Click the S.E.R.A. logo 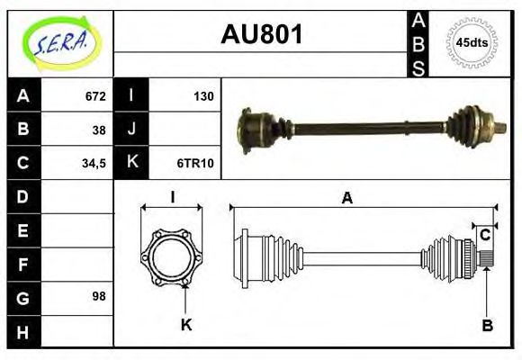(x=60, y=41)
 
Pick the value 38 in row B (x=99, y=130)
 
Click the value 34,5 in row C (x=93, y=164)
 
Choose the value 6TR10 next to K (x=196, y=164)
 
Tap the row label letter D (x=23, y=196)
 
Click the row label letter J (x=131, y=130)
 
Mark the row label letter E (x=23, y=230)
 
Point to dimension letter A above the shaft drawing (x=346, y=199)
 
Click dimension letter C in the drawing (x=484, y=235)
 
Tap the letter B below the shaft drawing (x=487, y=325)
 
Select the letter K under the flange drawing (x=186, y=325)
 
